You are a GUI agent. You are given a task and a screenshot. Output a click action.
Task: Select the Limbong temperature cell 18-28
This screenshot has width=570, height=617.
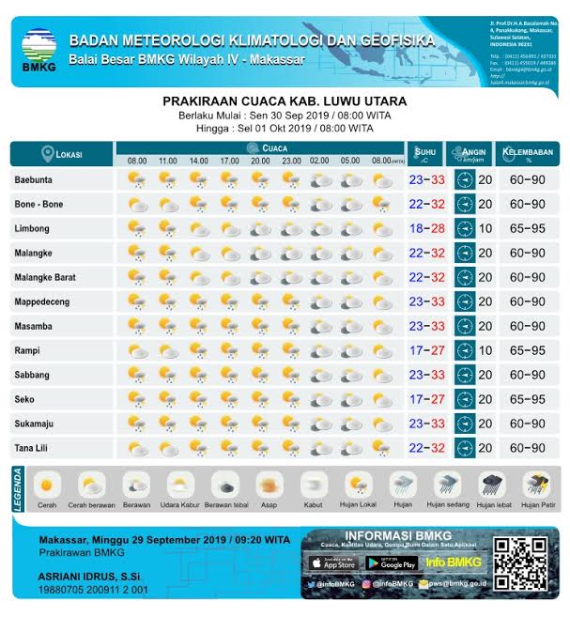click(426, 228)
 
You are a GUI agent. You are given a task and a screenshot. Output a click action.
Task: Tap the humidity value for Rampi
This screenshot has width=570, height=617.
click(527, 350)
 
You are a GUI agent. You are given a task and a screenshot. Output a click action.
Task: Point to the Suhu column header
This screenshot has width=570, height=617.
click(426, 154)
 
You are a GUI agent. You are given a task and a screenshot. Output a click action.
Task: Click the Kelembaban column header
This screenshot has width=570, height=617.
click(527, 154)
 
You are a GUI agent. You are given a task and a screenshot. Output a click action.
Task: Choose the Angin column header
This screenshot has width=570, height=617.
click(473, 154)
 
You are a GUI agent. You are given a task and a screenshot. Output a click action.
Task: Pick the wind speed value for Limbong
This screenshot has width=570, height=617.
click(485, 228)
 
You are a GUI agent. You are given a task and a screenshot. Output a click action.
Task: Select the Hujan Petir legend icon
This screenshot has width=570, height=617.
click(536, 486)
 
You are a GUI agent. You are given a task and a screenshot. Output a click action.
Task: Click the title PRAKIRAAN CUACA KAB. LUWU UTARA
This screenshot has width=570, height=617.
click(285, 100)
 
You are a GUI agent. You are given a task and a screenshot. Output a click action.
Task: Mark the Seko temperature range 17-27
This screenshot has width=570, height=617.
click(426, 399)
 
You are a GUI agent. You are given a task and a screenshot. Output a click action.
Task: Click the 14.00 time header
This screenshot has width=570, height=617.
click(199, 162)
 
